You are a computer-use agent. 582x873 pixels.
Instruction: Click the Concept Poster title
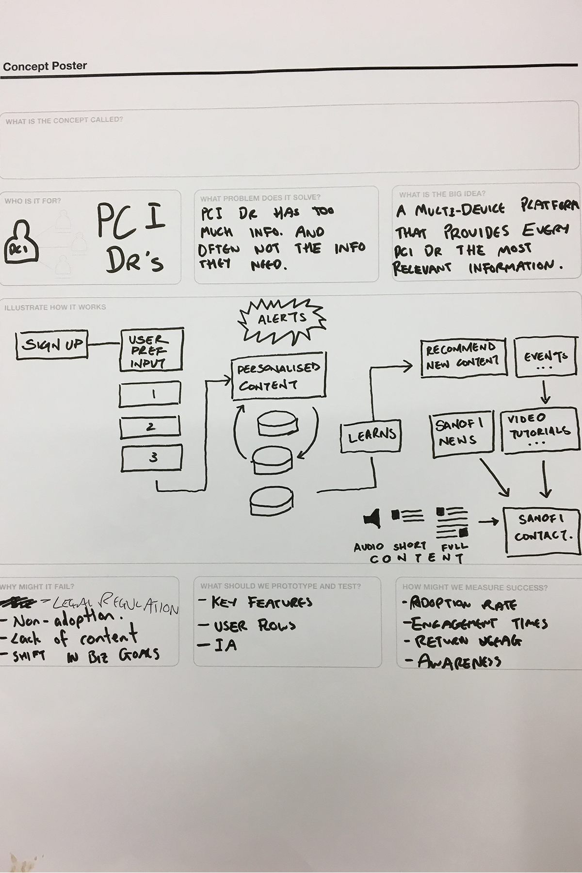[45, 66]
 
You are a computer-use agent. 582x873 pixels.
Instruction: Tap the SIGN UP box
[52, 345]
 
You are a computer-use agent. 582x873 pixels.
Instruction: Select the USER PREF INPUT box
[151, 351]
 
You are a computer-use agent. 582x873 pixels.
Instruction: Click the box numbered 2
[150, 427]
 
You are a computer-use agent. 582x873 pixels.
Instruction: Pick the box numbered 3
[152, 458]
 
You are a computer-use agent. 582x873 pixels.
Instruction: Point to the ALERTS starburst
[282, 319]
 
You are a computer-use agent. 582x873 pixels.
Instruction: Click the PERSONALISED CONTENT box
[278, 378]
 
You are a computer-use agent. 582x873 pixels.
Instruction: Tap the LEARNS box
[372, 435]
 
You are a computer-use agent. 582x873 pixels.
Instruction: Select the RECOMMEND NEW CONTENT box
[463, 357]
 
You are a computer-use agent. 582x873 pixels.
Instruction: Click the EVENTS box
[546, 358]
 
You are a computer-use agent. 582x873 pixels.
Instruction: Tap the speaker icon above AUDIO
[373, 518]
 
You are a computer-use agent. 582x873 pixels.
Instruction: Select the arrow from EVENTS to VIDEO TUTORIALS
[545, 391]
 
